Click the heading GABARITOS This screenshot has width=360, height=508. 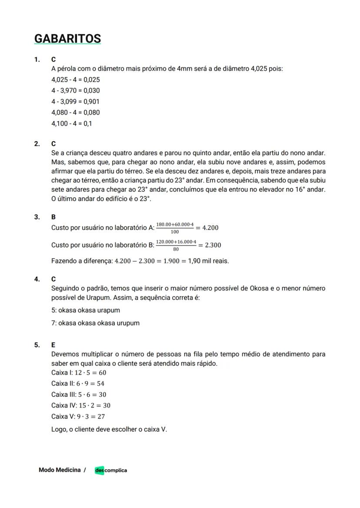[x=67, y=39]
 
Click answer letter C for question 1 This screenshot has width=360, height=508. [x=53, y=60]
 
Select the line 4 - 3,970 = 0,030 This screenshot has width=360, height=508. [x=75, y=90]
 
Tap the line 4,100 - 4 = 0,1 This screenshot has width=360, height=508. [x=71, y=123]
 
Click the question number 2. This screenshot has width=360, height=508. [x=37, y=143]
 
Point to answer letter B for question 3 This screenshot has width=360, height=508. [x=53, y=217]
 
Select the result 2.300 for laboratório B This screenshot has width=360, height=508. [x=213, y=245]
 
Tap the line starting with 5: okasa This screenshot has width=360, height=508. [x=85, y=310]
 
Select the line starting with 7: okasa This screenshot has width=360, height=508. [x=95, y=323]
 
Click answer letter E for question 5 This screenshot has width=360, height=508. [x=53, y=345]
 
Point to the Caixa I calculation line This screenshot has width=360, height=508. [x=79, y=372]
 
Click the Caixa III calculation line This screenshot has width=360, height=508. [x=79, y=395]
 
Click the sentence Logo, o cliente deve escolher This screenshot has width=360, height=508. [x=109, y=429]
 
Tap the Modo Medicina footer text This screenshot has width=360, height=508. [x=60, y=470]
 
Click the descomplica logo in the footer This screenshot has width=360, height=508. [x=111, y=470]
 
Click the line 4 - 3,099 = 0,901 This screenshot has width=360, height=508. [x=75, y=101]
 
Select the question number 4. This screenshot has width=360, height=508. [x=37, y=279]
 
